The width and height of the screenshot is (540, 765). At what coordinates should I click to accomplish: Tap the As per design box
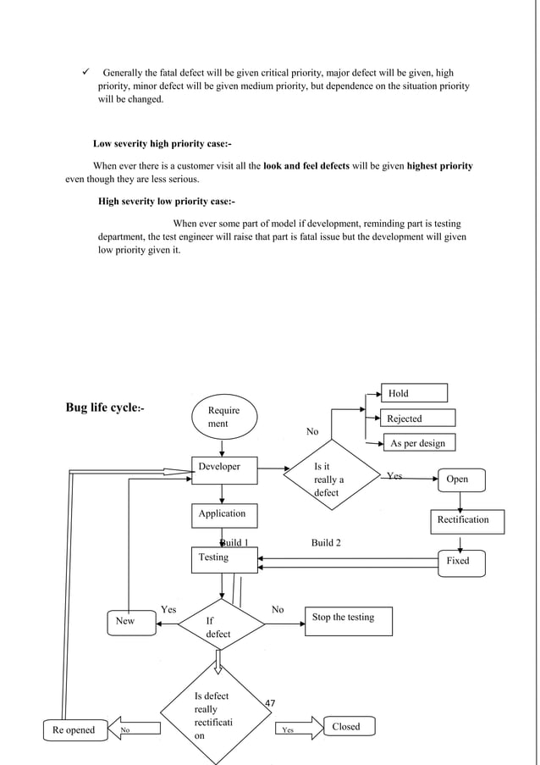[x=416, y=443]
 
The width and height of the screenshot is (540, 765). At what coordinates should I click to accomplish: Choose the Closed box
[x=345, y=727]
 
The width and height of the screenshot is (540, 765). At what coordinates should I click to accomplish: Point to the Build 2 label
[x=327, y=542]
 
